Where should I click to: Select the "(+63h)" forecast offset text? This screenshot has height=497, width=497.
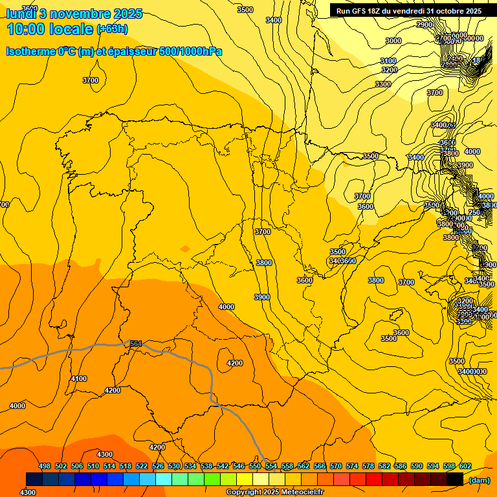coord(112,29)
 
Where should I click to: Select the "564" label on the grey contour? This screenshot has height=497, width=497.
coord(136,344)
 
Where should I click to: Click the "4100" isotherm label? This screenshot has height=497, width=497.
coord(79,379)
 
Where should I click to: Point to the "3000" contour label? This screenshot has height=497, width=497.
coord(393,41)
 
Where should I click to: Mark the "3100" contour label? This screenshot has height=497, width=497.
coord(388,61)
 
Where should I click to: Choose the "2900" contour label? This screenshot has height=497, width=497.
coord(425,25)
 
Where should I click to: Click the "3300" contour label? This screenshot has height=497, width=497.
coord(383,84)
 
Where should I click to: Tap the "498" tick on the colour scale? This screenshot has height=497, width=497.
coord(45,466)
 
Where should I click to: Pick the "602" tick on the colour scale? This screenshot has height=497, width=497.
coord(465,466)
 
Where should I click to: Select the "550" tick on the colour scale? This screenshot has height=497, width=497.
coord(255,466)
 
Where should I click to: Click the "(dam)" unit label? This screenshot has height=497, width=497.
coord(479,480)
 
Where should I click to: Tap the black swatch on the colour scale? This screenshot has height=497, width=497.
coord(454,479)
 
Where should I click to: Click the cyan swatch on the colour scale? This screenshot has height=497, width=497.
coord(163,479)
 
